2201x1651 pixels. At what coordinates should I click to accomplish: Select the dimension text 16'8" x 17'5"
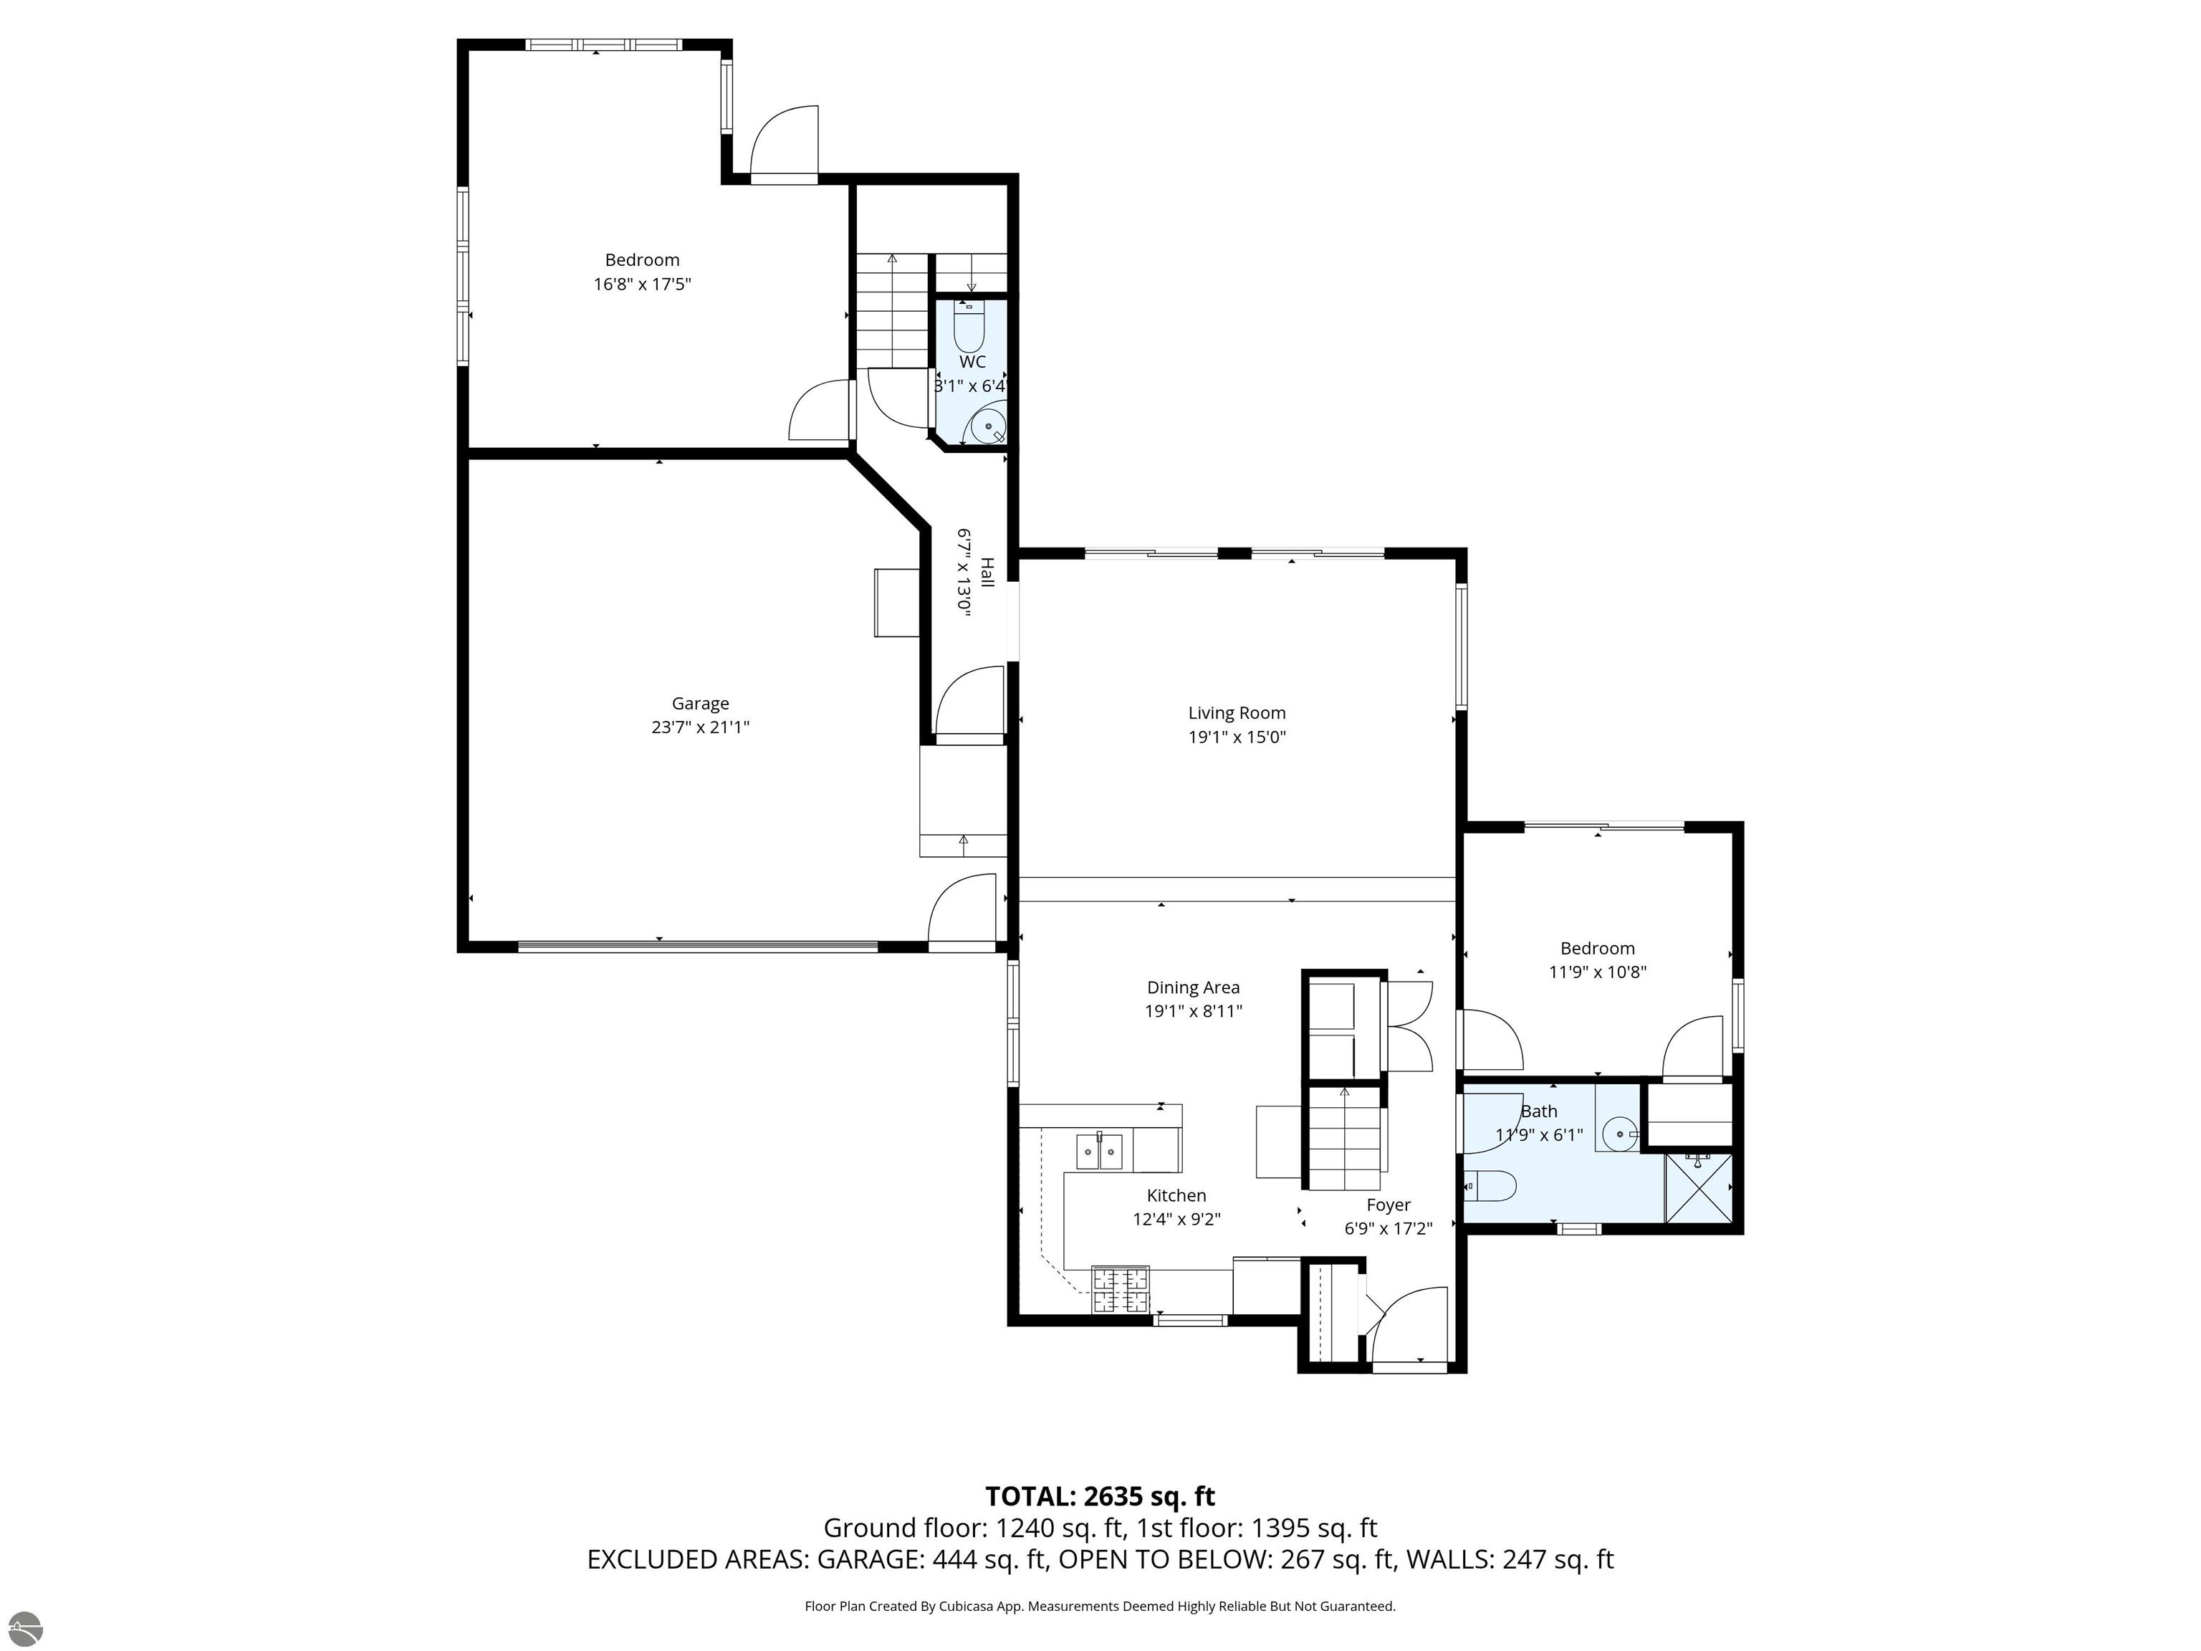coord(642,284)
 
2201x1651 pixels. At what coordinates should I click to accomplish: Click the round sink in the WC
coord(989,426)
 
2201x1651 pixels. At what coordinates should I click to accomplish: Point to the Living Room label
coord(1236,712)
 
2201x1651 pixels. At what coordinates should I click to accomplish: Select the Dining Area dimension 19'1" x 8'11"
coord(1193,1012)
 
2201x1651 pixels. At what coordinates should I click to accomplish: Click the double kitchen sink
coord(1100,1152)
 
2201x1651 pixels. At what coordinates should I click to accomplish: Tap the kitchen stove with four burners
coord(1121,1290)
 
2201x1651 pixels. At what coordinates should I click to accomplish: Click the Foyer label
coord(1387,1205)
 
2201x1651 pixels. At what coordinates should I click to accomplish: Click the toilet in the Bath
coord(1492,1185)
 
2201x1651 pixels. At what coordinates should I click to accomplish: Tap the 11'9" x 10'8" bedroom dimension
coord(1597,972)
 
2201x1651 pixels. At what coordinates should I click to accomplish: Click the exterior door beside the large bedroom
coord(784,148)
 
